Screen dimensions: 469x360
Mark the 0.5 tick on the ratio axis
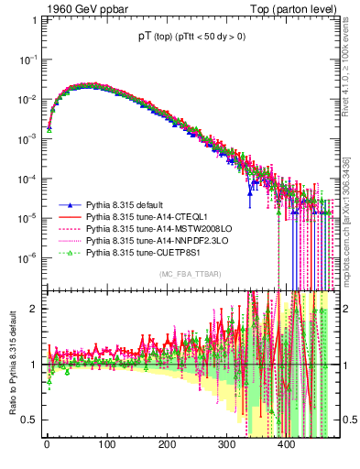point(31,420)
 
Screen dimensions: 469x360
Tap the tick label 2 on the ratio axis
point(35,308)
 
